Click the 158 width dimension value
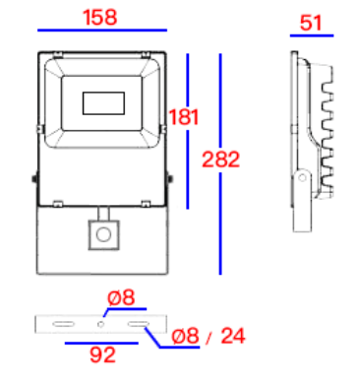[100, 18]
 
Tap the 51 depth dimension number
[311, 23]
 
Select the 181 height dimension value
[184, 117]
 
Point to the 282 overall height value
[220, 160]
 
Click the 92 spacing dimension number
[102, 354]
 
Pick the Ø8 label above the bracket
[121, 297]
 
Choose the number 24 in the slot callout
[233, 336]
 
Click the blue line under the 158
[102, 31]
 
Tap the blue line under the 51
[312, 35]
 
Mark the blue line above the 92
[101, 344]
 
